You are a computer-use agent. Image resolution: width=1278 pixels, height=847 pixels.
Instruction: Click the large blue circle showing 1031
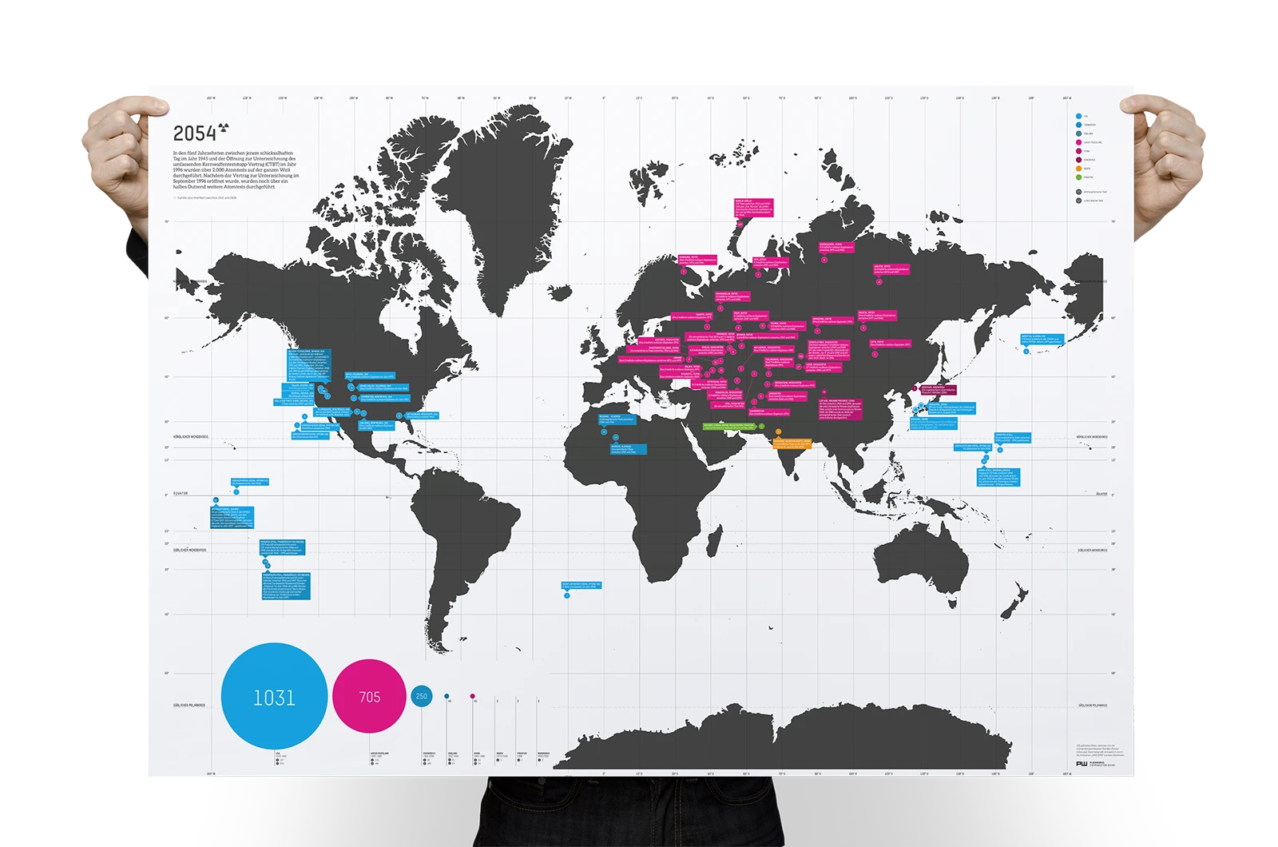point(274,697)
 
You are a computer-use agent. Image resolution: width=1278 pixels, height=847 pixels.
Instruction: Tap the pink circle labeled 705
point(369,697)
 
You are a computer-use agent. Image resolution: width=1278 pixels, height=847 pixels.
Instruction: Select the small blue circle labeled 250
point(422,696)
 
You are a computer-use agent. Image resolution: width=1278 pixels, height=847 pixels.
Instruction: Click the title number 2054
point(195,134)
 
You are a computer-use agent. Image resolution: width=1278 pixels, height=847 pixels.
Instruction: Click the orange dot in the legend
point(1079,169)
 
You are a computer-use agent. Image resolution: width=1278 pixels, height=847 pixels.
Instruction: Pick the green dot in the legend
point(1079,177)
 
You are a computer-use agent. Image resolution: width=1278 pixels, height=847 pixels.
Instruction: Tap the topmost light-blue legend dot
point(1079,116)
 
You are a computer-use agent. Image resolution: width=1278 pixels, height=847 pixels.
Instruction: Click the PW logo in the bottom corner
point(1082,764)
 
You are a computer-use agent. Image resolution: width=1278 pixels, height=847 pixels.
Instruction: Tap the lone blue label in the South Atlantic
point(581,586)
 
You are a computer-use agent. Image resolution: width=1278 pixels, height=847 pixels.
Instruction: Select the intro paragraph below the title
point(236,169)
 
